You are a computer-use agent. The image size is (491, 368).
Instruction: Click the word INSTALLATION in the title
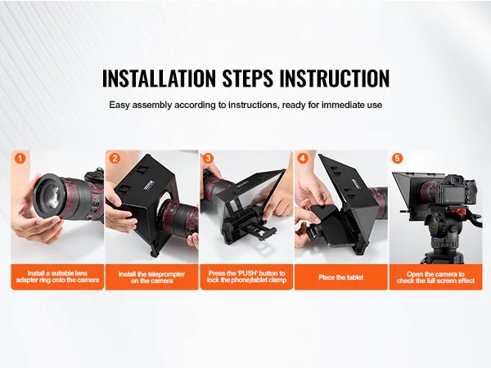159,78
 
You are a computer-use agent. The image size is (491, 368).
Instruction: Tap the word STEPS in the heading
248,78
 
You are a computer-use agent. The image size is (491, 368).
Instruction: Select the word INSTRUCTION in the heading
335,78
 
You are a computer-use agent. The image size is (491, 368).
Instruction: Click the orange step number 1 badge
20,158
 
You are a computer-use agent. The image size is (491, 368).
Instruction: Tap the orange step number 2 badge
115,158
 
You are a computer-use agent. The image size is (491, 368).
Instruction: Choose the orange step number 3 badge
208,158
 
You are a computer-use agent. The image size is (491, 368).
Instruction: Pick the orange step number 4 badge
302,158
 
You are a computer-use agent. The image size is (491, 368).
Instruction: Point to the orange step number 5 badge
397,158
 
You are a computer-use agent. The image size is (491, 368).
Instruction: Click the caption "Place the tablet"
341,277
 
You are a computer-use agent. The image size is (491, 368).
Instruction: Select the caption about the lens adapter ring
57,276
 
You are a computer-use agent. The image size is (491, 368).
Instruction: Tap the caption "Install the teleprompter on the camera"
152,277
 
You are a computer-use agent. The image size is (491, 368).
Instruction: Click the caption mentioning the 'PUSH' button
247,276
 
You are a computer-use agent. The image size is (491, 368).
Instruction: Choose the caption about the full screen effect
435,277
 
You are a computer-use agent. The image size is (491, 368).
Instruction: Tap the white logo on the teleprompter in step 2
148,182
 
